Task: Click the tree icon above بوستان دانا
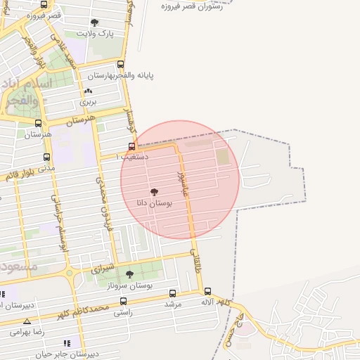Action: pyautogui.click(x=155, y=191)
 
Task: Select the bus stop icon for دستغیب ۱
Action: pyautogui.click(x=131, y=147)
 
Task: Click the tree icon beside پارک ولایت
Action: pyautogui.click(x=94, y=22)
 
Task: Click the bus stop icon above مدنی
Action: pyautogui.click(x=46, y=157)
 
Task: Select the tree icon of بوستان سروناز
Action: pyautogui.click(x=129, y=274)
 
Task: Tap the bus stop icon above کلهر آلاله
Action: pyautogui.click(x=207, y=291)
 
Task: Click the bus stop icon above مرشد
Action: pyautogui.click(x=173, y=293)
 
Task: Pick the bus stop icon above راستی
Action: pyautogui.click(x=123, y=302)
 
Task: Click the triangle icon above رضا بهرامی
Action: pyautogui.click(x=27, y=321)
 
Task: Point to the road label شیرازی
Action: pyautogui.click(x=103, y=269)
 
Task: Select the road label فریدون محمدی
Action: pyautogui.click(x=104, y=201)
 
